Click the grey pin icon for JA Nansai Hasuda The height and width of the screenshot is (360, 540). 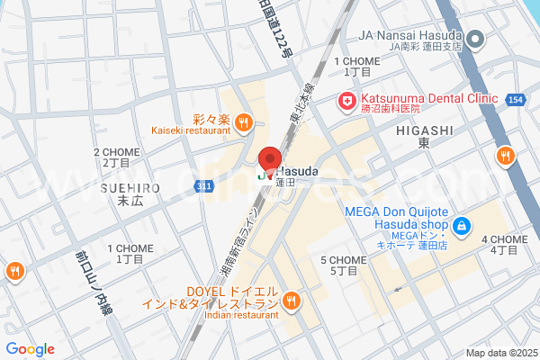[477, 39]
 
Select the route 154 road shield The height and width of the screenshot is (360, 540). [515, 99]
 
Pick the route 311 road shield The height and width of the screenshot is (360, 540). [206, 185]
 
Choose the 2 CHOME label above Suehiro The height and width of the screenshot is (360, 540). [116, 157]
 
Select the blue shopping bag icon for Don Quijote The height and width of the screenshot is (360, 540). [461, 226]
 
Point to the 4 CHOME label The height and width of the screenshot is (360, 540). [504, 245]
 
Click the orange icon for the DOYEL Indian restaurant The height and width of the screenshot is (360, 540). [291, 301]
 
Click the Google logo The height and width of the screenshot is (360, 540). [30, 348]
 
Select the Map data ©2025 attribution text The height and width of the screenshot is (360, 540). [500, 353]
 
